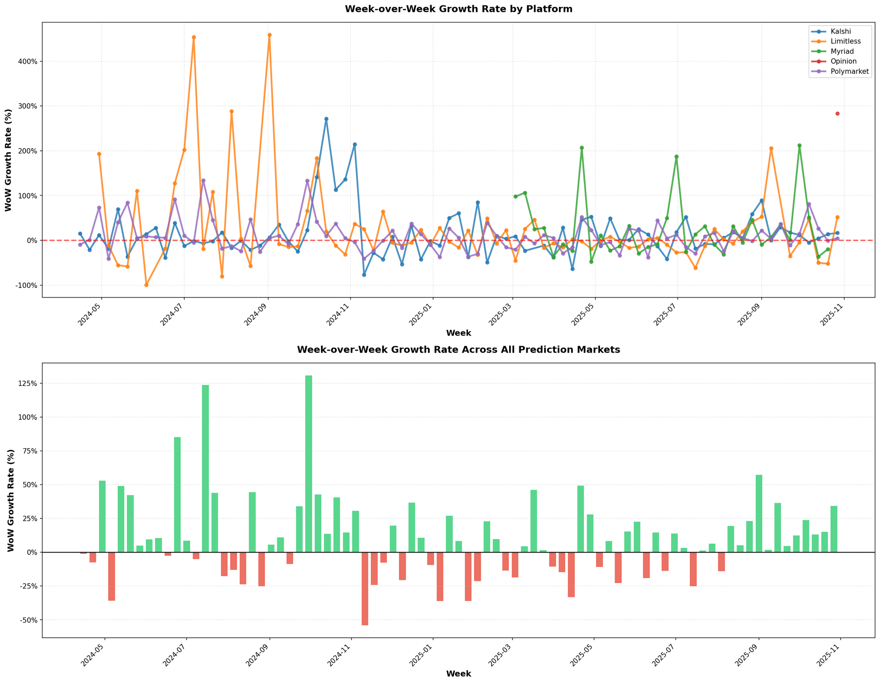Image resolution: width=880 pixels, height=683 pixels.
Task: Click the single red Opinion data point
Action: click(837, 114)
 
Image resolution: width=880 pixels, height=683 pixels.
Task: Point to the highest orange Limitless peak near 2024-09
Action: click(269, 35)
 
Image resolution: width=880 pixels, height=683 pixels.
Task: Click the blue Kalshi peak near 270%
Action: click(326, 119)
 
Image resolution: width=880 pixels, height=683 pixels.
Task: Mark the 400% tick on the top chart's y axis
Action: click(27, 61)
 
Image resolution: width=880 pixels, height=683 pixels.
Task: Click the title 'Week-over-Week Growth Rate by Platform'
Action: click(458, 9)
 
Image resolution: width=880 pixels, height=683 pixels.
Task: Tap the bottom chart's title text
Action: click(458, 350)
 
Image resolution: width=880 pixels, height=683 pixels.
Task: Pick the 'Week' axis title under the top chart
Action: click(458, 333)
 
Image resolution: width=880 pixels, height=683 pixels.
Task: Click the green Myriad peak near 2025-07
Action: click(676, 157)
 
